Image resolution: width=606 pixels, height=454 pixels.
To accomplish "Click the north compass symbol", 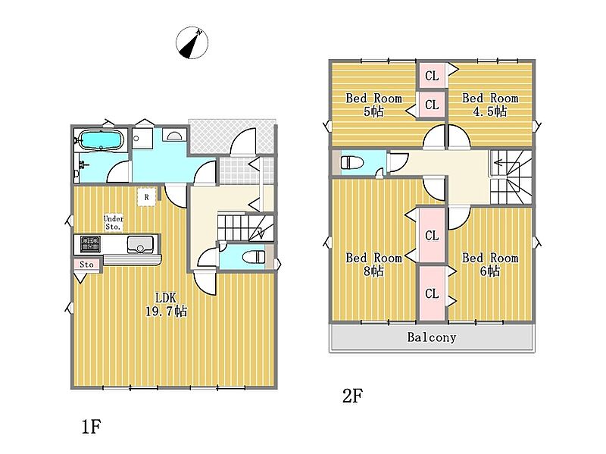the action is (x=192, y=42).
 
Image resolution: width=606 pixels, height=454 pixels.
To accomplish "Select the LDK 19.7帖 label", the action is (x=166, y=305).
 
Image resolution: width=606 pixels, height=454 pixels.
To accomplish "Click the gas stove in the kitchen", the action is (x=90, y=244).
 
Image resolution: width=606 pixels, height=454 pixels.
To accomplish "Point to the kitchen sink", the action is (x=140, y=244).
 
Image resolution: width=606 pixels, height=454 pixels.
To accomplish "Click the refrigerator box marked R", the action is (x=147, y=197).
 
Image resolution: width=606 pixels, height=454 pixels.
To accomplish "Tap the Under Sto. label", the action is (x=113, y=223).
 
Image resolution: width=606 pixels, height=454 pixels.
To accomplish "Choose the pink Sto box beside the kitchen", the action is (x=87, y=265).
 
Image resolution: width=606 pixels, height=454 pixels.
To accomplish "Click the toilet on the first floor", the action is (x=253, y=256).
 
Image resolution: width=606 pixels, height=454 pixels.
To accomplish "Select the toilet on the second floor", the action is (x=352, y=162).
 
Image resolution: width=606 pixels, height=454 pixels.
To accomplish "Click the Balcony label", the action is (x=432, y=337).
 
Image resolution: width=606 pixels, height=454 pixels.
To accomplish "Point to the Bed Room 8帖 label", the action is (x=373, y=264).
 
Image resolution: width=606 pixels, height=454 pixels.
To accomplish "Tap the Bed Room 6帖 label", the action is (x=490, y=264).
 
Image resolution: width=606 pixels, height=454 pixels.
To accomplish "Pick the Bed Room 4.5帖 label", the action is (x=490, y=105).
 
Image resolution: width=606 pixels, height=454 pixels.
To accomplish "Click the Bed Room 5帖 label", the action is (x=373, y=105).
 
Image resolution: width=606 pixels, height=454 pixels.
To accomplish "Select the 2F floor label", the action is (x=352, y=396).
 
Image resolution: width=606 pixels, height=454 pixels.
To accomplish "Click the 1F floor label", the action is (x=91, y=427).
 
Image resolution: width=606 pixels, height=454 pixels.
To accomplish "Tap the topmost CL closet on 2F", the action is (x=432, y=75).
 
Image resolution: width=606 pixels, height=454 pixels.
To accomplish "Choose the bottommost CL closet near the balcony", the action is (x=432, y=293).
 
